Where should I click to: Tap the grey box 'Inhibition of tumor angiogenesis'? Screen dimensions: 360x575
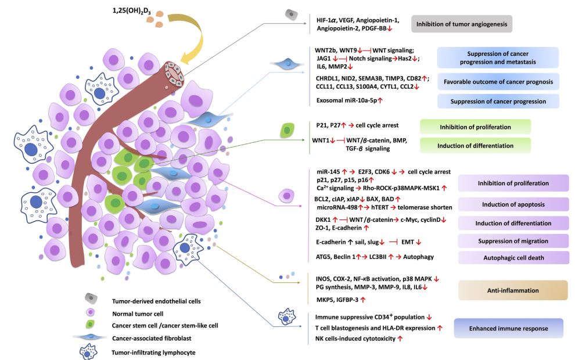(461, 25)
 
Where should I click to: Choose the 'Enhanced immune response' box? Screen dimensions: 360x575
(508, 328)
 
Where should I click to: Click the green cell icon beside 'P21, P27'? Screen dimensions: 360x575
(286, 130)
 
